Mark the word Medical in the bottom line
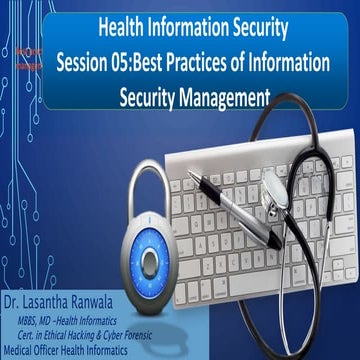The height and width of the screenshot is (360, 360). tap(20, 349)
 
